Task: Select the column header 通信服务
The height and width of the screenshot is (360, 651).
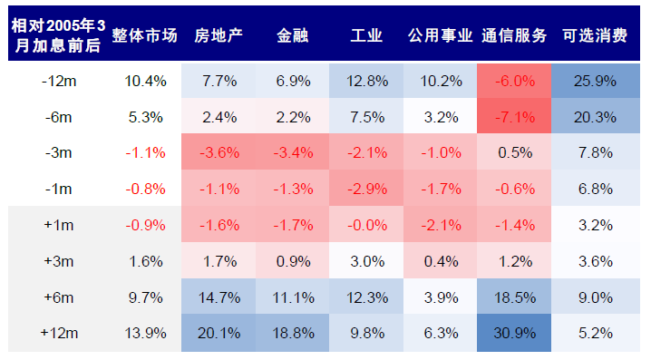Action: click(x=514, y=36)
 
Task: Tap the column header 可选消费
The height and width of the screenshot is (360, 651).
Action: click(x=594, y=36)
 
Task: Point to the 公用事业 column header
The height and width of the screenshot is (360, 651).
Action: click(x=440, y=36)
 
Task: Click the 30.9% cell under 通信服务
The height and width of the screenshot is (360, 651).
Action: click(x=514, y=333)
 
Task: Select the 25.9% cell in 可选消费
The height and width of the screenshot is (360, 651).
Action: click(x=594, y=81)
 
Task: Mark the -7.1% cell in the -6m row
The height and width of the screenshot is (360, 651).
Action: click(x=514, y=117)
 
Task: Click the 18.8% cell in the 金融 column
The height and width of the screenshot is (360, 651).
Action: click(x=292, y=333)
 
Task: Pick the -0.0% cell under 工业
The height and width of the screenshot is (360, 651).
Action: click(x=366, y=225)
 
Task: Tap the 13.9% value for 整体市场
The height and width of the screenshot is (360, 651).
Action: click(x=145, y=333)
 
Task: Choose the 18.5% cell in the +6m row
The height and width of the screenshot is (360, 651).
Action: click(x=514, y=297)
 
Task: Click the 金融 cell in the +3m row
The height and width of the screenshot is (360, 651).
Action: click(x=292, y=261)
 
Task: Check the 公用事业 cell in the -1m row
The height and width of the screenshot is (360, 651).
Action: click(x=440, y=189)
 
